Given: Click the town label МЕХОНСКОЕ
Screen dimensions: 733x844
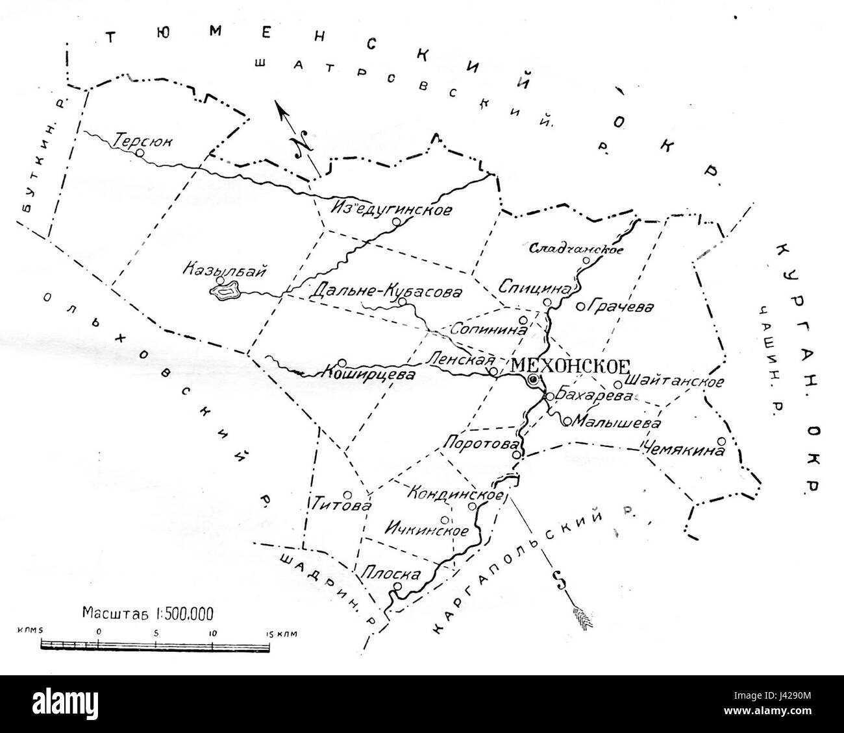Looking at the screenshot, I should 571,364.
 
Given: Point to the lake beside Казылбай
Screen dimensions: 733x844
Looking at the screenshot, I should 225,293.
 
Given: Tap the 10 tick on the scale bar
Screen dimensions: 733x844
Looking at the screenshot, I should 212,631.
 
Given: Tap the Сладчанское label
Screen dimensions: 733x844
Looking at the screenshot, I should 577,248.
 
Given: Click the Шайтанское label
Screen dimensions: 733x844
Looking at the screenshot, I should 676,381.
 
